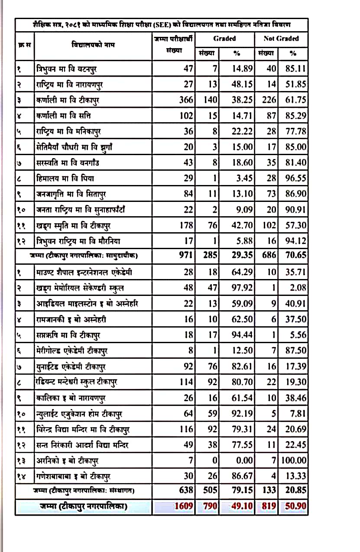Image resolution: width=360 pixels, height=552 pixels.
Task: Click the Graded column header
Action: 224,39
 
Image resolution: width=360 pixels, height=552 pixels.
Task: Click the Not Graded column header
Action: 281,39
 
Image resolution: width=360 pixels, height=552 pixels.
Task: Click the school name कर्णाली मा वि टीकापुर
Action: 69,100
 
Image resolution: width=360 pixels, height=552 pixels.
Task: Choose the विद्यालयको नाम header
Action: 93,45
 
